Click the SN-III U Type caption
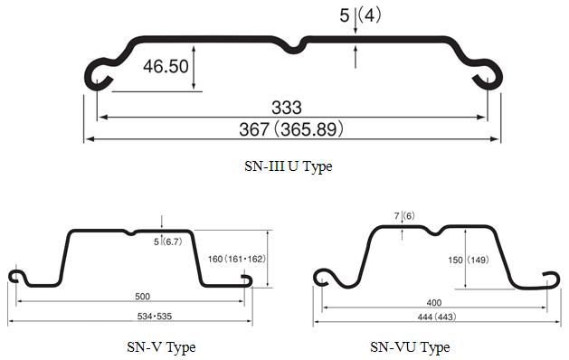point(289,166)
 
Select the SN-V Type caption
point(161,347)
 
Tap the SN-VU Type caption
point(410,347)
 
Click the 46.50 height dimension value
point(166,66)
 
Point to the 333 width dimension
point(287,108)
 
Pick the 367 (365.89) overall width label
point(291,129)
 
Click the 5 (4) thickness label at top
point(360,15)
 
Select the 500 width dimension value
point(142,297)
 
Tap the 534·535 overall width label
point(155,317)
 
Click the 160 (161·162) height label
point(237,259)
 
